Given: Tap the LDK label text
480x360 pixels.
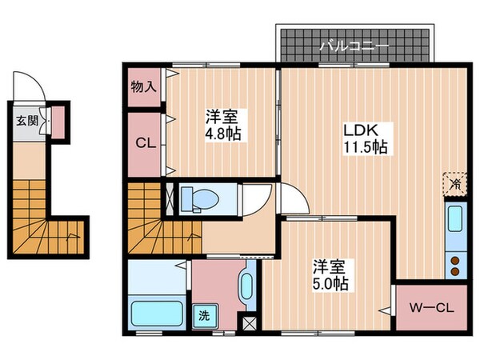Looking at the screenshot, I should (357, 130).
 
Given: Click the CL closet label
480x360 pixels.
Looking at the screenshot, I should (144, 145).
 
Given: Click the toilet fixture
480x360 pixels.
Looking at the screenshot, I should (196, 198).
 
